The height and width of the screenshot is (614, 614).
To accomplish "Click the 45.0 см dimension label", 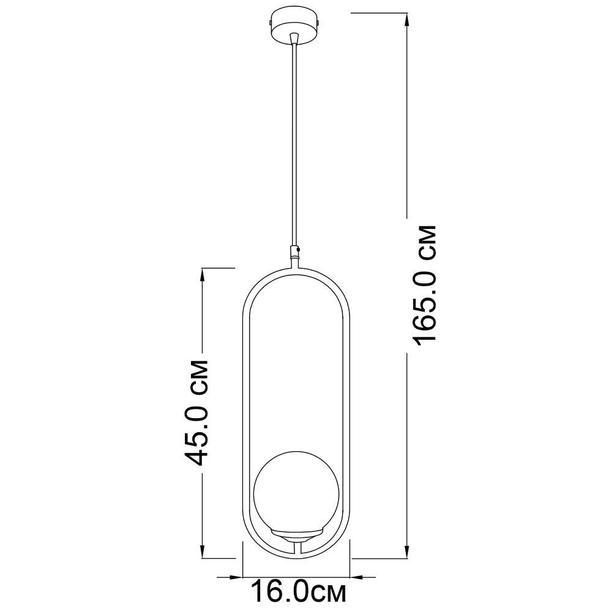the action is click(196, 412).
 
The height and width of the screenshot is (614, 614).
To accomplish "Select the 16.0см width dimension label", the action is click(298, 592).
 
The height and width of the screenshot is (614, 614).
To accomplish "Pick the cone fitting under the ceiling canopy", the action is click(294, 39).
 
